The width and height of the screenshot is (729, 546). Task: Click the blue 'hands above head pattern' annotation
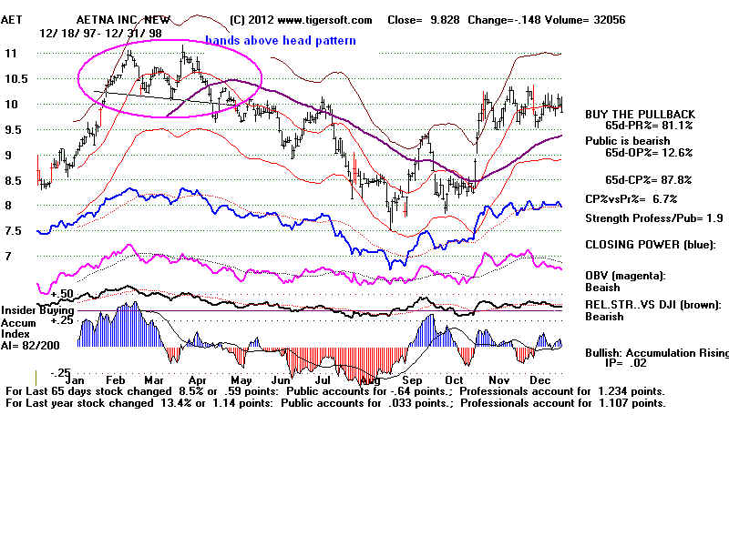coord(280,41)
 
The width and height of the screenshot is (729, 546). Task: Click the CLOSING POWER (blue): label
coord(650,244)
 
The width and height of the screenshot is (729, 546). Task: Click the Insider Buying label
coord(38,310)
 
